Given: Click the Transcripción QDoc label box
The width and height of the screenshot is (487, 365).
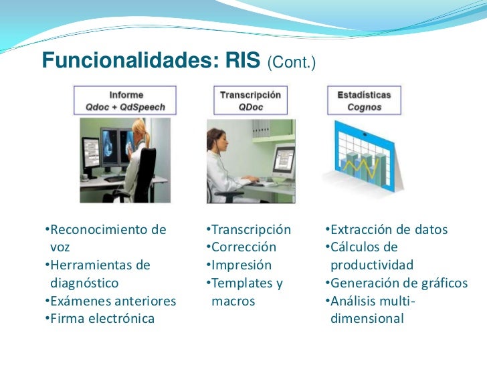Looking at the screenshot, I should pos(250,101).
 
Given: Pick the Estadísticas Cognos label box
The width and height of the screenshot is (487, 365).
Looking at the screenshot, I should pos(364,101).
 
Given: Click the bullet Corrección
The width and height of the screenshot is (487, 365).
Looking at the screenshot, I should pos(241,247).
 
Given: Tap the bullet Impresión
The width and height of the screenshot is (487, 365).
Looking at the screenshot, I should pos(239,265).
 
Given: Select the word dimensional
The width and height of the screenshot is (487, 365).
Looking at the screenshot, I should pos(367,318).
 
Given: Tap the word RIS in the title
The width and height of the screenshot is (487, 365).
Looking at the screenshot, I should pos(241,61).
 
